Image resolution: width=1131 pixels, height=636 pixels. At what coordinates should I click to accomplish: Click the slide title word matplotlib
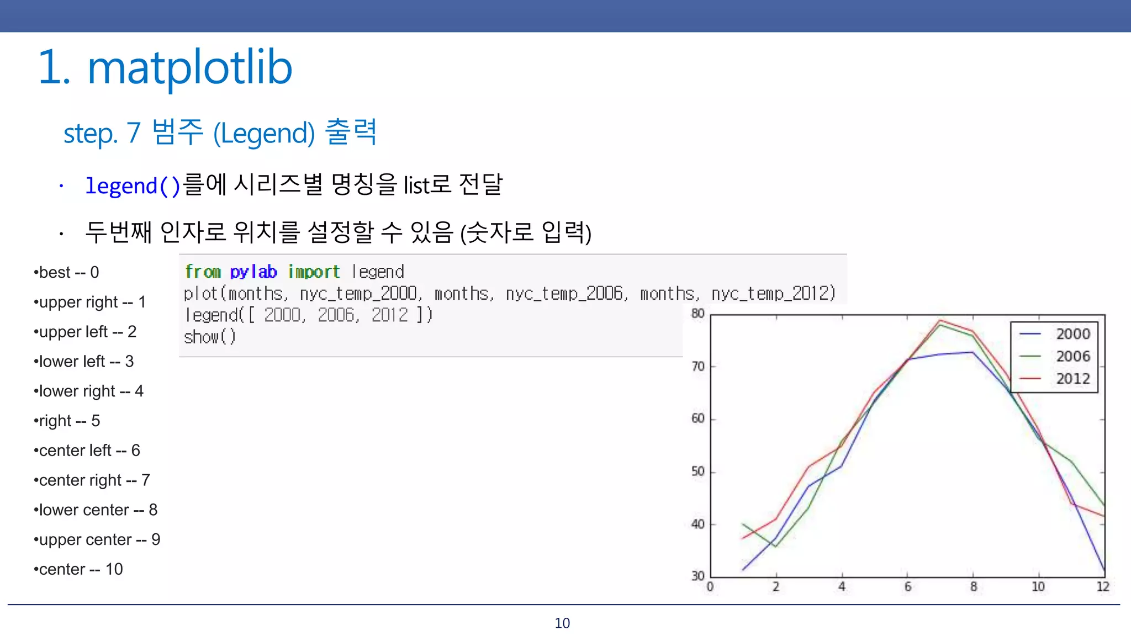189,68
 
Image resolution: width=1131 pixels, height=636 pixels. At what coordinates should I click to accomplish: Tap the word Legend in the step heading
264,133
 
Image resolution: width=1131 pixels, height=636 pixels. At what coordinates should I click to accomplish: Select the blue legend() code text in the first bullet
133,185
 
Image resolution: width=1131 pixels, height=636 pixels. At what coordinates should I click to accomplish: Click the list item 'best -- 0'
66,272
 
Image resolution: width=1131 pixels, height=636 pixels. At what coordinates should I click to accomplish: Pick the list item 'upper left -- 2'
85,332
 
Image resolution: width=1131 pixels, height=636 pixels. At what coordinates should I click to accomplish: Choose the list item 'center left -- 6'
87,451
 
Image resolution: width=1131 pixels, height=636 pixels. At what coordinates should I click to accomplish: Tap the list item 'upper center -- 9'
97,539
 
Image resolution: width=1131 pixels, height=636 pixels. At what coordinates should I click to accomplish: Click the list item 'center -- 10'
78,569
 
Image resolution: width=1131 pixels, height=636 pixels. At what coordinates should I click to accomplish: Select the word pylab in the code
253,272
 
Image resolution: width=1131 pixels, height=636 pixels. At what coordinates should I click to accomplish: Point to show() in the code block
210,337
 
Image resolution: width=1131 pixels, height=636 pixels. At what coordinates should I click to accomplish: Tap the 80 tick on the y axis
698,314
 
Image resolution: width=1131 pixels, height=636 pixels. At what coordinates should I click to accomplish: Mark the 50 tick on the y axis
698,471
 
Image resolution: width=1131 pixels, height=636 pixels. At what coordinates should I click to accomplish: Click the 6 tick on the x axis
907,586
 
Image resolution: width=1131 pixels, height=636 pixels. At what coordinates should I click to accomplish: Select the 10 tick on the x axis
1038,586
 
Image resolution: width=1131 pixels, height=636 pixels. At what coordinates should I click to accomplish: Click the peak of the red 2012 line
940,320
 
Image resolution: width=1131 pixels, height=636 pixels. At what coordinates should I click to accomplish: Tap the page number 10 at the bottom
562,623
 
